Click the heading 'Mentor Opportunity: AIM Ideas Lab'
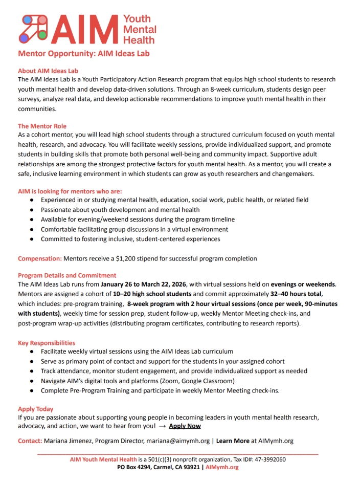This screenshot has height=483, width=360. pos(84,53)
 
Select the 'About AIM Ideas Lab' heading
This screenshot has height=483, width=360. pos(48,71)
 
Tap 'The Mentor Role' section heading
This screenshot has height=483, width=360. pos(42,126)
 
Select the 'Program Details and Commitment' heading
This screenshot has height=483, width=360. pos(67,275)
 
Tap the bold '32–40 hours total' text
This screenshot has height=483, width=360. pos(296,294)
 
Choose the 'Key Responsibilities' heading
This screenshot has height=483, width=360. pos(47,343)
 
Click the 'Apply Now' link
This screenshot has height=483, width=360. pos(185,426)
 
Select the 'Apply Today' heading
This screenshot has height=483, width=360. pos(35,409)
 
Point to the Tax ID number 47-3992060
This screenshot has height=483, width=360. pos(267,459)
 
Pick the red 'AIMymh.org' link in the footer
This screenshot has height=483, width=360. pos(222,467)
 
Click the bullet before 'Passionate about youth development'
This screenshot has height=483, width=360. pos(32,210)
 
